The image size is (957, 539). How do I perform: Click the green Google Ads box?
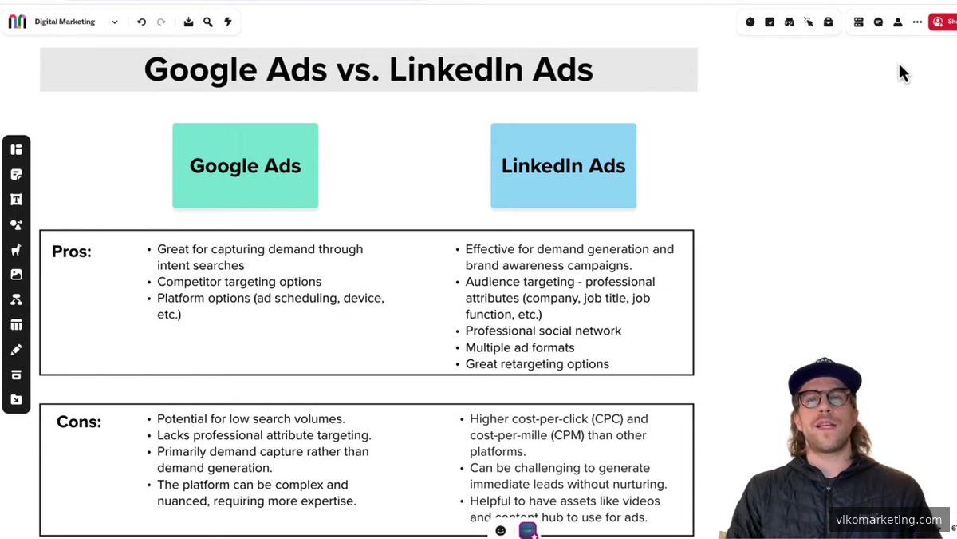245,166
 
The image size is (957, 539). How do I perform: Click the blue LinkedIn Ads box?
563,166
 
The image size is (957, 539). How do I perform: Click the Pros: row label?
72,252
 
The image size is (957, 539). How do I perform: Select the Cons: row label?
79,422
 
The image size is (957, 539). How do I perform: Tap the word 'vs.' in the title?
357,70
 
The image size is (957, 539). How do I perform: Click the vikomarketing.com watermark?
888,520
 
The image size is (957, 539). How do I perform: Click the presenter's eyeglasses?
825,398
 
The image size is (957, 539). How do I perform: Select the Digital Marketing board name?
65,22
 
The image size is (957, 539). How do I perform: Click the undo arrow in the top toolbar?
141,22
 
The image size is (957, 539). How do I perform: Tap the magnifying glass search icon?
208,22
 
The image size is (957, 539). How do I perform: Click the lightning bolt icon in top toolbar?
227,22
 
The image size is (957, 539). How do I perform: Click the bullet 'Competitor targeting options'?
239,282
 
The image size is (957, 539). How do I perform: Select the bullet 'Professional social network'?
543,331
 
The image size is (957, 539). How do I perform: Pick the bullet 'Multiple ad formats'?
520,347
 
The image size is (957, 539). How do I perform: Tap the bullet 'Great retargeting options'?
537,364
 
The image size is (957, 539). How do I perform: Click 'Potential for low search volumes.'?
250,419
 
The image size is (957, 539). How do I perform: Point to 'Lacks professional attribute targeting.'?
264,435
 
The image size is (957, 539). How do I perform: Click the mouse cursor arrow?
904,73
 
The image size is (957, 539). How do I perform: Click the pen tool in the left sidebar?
16,350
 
